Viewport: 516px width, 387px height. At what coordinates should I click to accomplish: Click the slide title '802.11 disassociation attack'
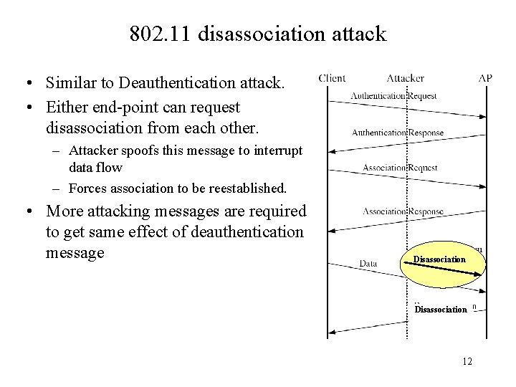[x=258, y=34]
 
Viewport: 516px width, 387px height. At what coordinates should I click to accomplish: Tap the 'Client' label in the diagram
[x=332, y=78]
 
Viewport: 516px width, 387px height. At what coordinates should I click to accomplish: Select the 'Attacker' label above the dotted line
[x=406, y=78]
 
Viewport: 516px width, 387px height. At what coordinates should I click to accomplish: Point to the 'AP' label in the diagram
[x=486, y=78]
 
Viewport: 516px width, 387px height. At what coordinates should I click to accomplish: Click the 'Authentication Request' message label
[x=394, y=96]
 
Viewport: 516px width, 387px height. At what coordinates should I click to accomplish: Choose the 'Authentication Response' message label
[x=398, y=132]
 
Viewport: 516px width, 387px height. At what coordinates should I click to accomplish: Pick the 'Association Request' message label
[x=400, y=168]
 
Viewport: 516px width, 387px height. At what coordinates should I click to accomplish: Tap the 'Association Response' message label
[x=403, y=211]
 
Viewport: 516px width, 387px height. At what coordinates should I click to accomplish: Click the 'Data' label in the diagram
[x=368, y=264]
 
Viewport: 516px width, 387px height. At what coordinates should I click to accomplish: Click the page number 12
[x=467, y=360]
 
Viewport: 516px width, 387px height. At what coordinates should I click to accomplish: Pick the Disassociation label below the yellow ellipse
[x=441, y=310]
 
